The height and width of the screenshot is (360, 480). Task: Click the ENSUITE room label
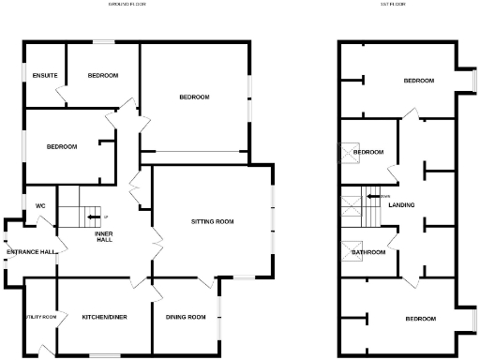click(x=44, y=75)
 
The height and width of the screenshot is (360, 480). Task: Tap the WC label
click(x=40, y=205)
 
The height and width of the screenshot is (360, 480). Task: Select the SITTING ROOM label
click(x=211, y=222)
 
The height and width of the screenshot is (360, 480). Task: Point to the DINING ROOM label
click(x=185, y=317)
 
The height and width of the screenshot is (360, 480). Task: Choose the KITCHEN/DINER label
click(x=102, y=317)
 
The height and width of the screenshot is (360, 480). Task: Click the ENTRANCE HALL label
click(x=30, y=252)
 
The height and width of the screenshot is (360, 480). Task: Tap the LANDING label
click(x=401, y=204)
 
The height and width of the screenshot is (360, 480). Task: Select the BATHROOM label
click(x=368, y=252)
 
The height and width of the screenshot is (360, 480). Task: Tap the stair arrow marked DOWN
click(x=374, y=196)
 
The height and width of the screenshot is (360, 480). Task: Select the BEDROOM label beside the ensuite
click(x=102, y=75)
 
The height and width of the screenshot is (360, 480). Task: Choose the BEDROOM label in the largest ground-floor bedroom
click(x=194, y=97)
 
